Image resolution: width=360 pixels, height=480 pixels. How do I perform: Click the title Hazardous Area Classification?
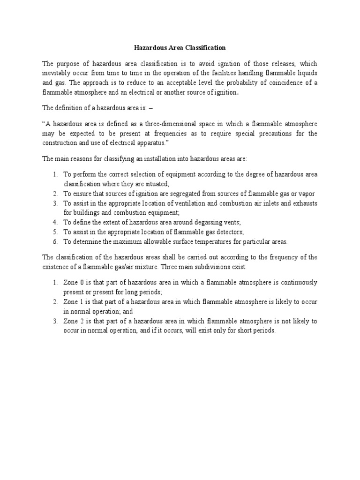180,48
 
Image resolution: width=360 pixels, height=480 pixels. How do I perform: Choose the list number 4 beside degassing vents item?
54,222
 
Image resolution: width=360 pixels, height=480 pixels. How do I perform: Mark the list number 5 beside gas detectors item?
54,232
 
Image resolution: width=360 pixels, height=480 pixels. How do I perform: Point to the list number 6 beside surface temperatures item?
54,241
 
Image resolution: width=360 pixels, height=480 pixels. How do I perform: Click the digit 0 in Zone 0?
82,283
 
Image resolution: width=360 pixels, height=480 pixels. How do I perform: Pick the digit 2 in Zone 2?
82,321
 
